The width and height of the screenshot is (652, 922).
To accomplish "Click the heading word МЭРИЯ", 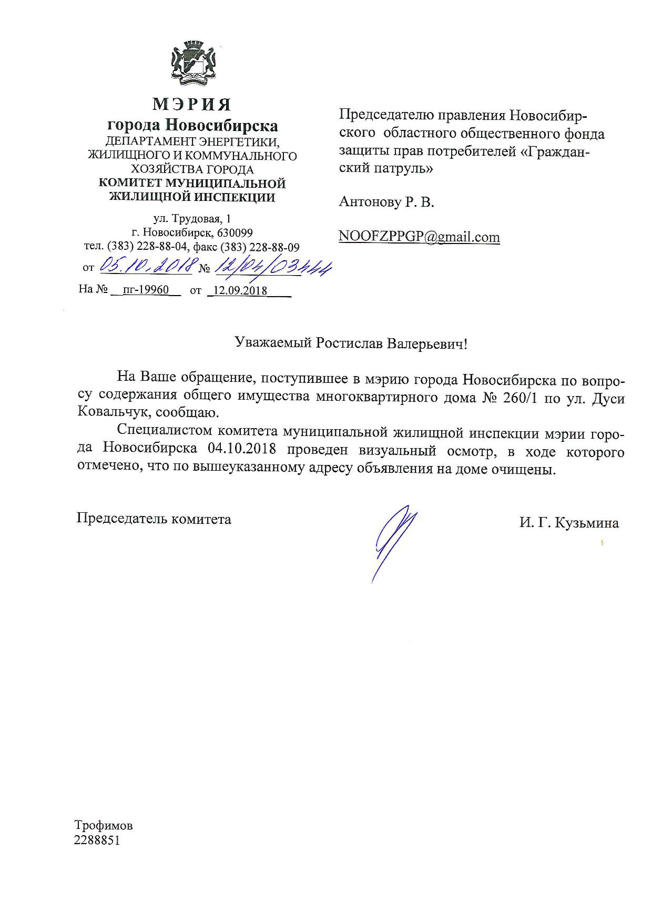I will pos(191,104).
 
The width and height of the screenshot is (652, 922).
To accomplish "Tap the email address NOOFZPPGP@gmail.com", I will pos(419,237).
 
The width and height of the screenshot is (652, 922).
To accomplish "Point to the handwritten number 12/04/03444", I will pos(273,269).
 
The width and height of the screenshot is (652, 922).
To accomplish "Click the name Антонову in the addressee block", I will pos(369,202).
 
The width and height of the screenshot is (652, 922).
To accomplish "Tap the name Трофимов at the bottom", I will pos(104,825).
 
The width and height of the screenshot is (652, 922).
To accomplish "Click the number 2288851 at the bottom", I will pos(98,840).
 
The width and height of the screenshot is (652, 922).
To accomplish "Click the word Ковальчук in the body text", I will pos(107,412).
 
